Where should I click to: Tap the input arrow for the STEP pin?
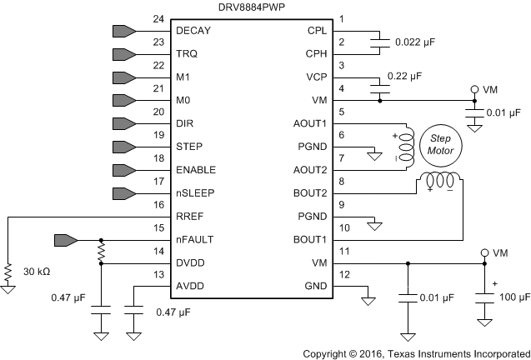click(123, 147)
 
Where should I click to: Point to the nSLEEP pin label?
click(195, 192)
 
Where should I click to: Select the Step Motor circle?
click(441, 143)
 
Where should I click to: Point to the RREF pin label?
click(189, 216)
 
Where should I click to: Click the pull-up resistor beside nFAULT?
click(101, 251)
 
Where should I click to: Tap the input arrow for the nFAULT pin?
click(65, 239)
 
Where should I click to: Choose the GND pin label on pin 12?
click(313, 285)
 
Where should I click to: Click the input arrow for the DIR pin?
click(123, 123)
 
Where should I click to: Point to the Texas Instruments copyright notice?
click(415, 352)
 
